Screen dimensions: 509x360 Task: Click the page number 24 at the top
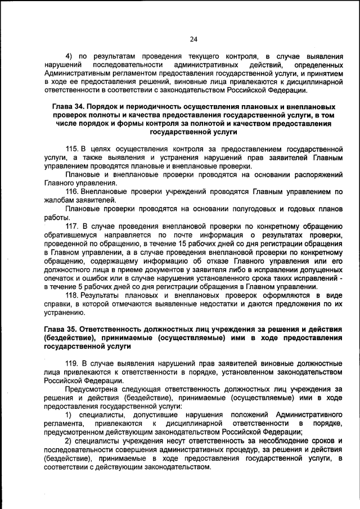tap(193, 39)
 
